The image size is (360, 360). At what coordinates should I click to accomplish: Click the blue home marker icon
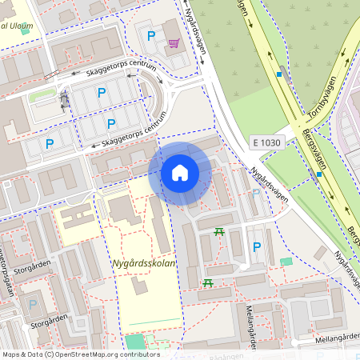click(180, 173)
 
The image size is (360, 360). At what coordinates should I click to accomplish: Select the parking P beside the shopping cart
click(150, 36)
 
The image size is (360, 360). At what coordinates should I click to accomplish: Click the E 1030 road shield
click(266, 142)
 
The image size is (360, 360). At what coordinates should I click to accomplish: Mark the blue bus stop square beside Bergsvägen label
click(318, 174)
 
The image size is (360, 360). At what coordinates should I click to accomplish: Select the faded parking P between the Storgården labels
click(33, 303)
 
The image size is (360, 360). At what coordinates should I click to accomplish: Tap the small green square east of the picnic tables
click(286, 262)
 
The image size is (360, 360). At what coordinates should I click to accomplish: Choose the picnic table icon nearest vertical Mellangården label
click(208, 282)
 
